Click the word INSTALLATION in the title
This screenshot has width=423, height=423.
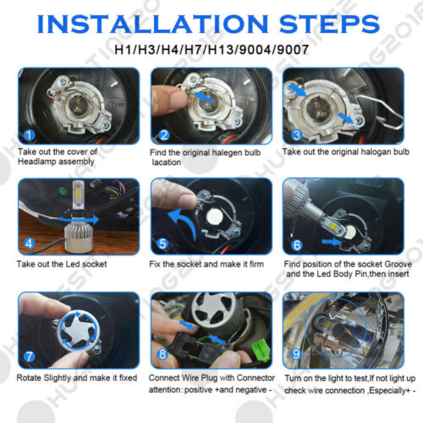pyautogui.click(x=152, y=24)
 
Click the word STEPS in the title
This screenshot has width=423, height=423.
pyautogui.click(x=329, y=24)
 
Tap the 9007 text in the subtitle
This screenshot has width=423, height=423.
pyautogui.click(x=293, y=50)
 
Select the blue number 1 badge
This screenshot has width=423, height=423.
pyautogui.click(x=29, y=135)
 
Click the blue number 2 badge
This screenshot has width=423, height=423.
pyautogui.click(x=164, y=135)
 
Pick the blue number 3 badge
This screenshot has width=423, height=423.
pyautogui.click(x=296, y=135)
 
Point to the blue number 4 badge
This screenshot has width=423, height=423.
pyautogui.click(x=29, y=244)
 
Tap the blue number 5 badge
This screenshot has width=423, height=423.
pyautogui.click(x=162, y=244)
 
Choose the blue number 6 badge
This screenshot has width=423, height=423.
pyautogui.click(x=297, y=245)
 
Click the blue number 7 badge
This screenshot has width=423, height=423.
pyautogui.click(x=29, y=356)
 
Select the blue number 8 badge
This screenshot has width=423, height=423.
pyautogui.click(x=162, y=354)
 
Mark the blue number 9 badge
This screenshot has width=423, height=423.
pyautogui.click(x=296, y=354)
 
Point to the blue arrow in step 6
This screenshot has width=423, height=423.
pyautogui.click(x=332, y=242)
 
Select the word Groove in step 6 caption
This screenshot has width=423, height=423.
pyautogui.click(x=398, y=264)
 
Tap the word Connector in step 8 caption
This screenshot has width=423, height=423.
pyautogui.click(x=255, y=377)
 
